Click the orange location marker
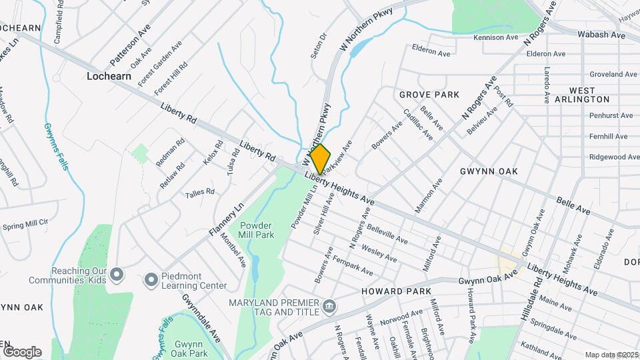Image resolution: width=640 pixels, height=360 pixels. pos(320,159)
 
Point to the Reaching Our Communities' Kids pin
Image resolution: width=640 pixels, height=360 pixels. pos(117,274)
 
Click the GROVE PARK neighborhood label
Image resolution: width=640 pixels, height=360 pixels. pos(429,95)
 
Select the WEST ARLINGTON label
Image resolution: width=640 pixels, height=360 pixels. pos(589,94)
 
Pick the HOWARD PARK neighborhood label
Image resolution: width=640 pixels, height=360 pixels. pos(396,291)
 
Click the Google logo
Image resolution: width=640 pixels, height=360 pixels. pos(22,351)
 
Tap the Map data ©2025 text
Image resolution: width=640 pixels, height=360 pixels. pos(611,355)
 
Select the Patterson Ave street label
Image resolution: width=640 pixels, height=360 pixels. pos(130,45)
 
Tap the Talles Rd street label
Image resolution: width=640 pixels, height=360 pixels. pos(200,192)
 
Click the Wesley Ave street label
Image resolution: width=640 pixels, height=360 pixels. pos(379,253)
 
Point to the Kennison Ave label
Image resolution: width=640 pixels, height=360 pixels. pos(495,37)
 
